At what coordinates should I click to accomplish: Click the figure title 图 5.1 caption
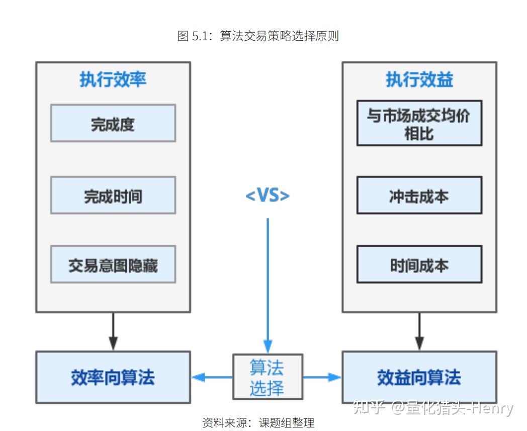pyautogui.click(x=258, y=36)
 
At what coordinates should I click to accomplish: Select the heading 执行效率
pyautogui.click(x=113, y=80)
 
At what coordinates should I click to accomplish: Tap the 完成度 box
pyautogui.click(x=113, y=123)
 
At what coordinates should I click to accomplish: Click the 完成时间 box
pyautogui.click(x=113, y=195)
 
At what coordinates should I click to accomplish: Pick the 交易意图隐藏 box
pyautogui.click(x=113, y=264)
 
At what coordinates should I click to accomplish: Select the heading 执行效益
pyautogui.click(x=419, y=80)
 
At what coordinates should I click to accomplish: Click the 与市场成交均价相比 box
pyautogui.click(x=419, y=123)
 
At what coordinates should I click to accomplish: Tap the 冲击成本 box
pyautogui.click(x=419, y=195)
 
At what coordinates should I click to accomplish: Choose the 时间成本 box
pyautogui.click(x=419, y=264)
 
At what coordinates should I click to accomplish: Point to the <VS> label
pyautogui.click(x=268, y=195)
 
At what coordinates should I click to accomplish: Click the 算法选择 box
pyautogui.click(x=268, y=377)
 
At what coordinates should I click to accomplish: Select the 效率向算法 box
pyautogui.click(x=113, y=377)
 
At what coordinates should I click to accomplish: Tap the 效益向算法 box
pyautogui.click(x=419, y=377)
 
